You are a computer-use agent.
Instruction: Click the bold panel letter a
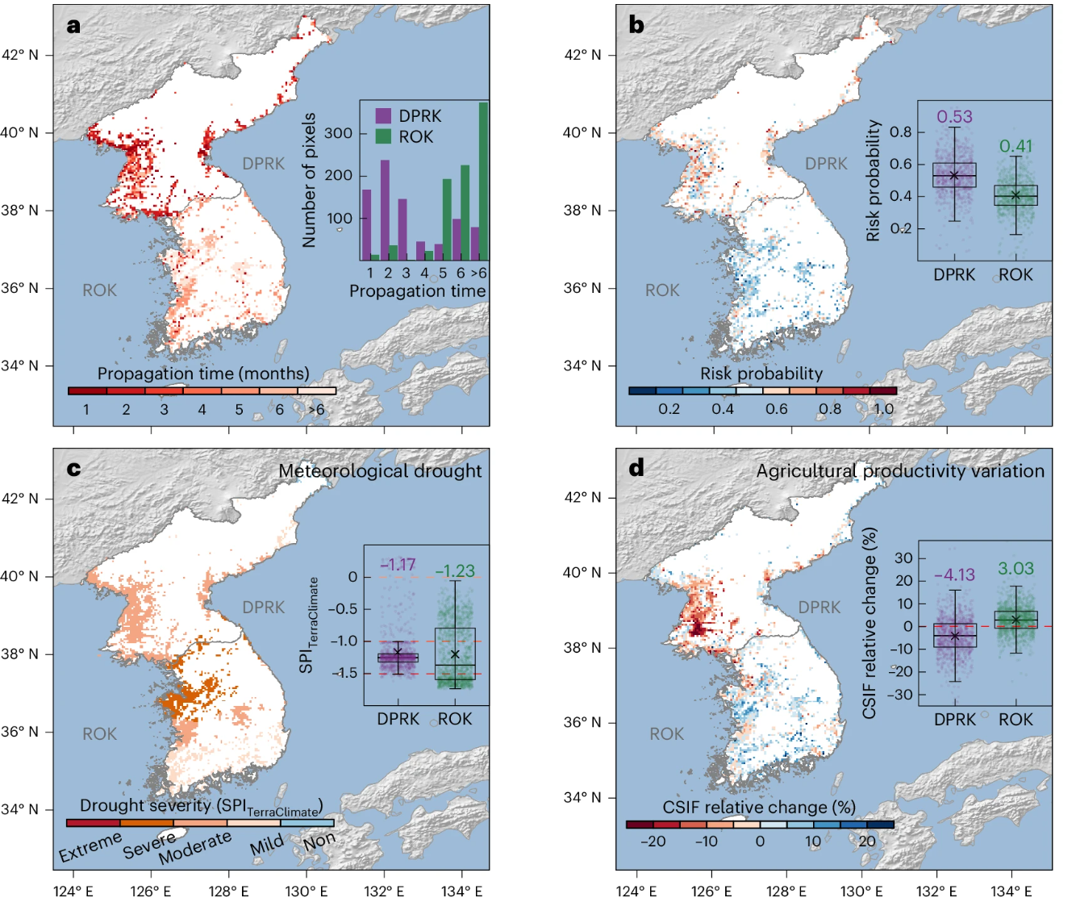coord(74,26)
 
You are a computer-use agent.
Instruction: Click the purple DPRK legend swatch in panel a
coord(383,115)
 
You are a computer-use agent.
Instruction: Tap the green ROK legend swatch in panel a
coord(383,136)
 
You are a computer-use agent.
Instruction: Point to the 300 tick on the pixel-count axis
coord(338,133)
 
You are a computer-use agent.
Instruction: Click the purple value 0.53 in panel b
coord(954,117)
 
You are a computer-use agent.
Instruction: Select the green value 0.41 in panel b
coord(1016,146)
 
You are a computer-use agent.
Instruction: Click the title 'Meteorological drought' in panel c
coord(380,471)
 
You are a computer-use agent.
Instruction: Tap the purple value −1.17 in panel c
coord(398,565)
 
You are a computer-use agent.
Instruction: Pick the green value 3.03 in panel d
coord(1016,569)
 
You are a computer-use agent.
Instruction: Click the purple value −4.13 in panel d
coord(954,575)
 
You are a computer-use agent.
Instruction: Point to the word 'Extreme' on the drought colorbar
coord(90,847)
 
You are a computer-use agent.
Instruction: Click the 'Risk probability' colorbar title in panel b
coord(761,374)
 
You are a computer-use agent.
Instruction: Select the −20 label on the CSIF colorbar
coord(652,842)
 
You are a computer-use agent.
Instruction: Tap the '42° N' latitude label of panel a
coord(19,56)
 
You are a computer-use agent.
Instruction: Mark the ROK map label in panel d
coord(666,734)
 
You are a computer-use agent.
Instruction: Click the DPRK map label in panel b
coord(826,164)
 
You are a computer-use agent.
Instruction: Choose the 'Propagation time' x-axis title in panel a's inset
coord(417,290)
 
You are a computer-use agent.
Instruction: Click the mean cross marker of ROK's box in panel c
coord(455,654)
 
